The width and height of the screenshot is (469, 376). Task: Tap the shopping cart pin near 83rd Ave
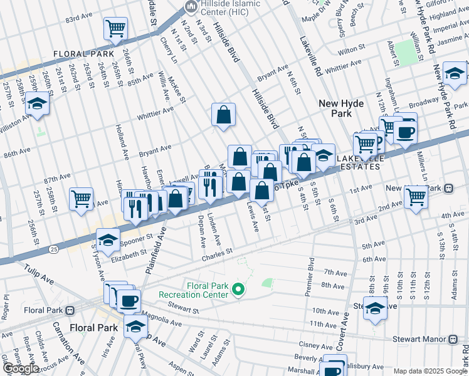[x=115, y=29]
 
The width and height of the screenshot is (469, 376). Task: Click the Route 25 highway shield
[x=56, y=249]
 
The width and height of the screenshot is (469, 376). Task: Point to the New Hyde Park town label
[x=344, y=108]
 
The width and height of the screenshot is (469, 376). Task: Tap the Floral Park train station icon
[x=70, y=310]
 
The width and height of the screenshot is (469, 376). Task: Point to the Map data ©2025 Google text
[x=431, y=371]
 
